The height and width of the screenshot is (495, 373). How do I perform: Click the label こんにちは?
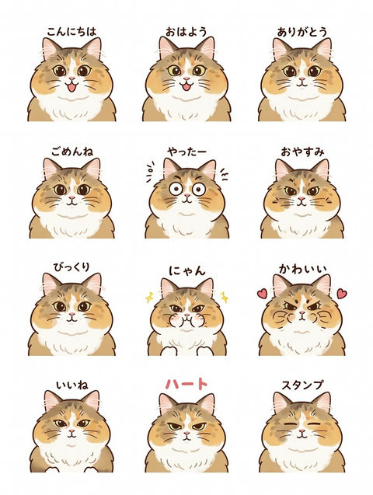71,32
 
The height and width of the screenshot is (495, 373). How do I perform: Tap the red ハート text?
186,384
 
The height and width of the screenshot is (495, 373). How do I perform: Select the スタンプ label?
302,385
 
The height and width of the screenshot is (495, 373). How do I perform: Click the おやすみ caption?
302,152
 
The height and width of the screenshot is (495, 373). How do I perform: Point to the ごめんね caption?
72,152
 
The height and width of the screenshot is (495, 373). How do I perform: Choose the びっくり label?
71,267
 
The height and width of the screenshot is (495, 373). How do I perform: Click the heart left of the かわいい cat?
262,294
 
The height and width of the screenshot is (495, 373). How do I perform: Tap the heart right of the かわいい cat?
342,294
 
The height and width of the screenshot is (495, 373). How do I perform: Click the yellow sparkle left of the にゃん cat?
149,297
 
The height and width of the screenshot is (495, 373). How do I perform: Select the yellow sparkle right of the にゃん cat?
225,297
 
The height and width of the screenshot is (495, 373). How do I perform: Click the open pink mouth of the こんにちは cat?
72,86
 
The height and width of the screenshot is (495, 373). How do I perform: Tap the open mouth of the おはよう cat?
186,85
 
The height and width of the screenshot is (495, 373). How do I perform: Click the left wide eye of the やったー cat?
176,189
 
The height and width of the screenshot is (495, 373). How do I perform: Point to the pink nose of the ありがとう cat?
302,79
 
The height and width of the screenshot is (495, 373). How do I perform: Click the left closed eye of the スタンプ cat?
288,424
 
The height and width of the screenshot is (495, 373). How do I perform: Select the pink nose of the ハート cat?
186,434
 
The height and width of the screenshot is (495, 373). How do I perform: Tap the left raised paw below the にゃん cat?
169,351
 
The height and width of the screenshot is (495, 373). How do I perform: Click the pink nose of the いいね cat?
71,431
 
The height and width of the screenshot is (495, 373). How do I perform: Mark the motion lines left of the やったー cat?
150,172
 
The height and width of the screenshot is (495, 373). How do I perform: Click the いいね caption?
72,385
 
